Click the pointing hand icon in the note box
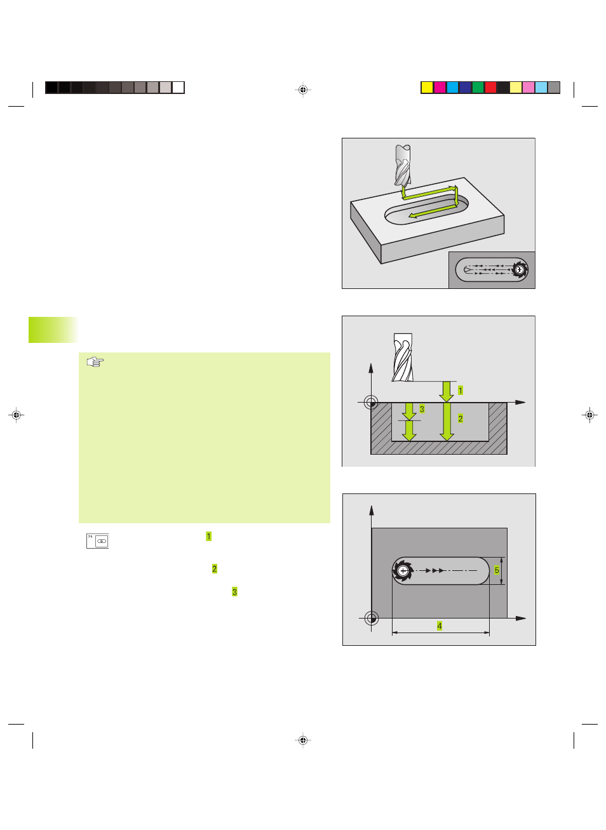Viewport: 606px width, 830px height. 95,361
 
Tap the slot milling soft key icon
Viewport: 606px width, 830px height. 97,541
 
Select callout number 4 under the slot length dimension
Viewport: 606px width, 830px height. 439,626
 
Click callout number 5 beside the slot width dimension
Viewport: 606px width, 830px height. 497,570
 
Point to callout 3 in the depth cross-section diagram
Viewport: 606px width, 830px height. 422,409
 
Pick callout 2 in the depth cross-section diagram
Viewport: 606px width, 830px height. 461,418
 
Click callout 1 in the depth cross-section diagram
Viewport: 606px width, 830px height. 461,390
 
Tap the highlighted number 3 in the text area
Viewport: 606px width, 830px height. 234,592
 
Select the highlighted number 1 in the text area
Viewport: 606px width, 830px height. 209,536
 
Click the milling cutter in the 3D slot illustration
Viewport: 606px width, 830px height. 403,165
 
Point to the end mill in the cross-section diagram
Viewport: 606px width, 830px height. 403,357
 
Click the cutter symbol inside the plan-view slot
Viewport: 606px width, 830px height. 403,571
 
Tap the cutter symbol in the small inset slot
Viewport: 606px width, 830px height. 520,269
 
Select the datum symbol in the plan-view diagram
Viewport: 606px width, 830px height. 372,618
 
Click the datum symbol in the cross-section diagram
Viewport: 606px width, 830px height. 370,402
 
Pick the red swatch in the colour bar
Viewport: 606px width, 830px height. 490,88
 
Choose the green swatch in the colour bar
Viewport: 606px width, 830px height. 478,88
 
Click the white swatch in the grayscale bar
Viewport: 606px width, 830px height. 178,88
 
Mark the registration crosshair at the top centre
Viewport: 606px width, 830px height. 303,90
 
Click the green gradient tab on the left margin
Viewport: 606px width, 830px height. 53,330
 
